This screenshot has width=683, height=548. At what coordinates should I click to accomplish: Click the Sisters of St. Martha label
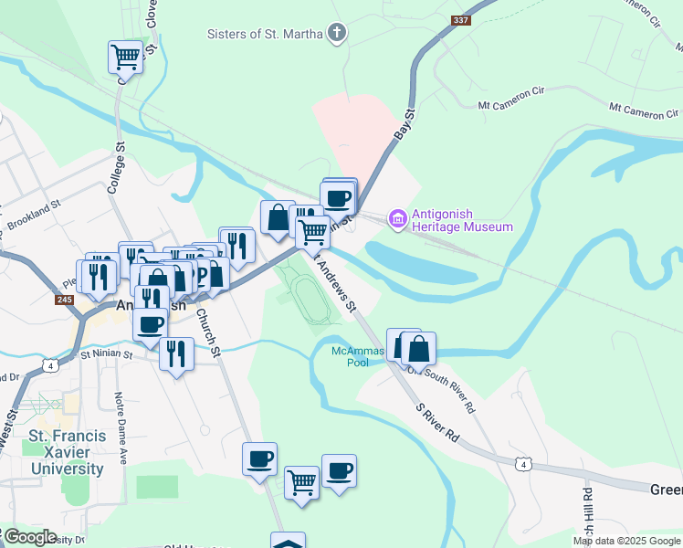tap(266, 35)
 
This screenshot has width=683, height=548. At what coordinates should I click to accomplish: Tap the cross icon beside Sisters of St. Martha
tap(337, 35)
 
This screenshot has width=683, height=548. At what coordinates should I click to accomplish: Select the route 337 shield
tap(461, 20)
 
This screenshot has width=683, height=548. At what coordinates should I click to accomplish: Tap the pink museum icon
tap(397, 219)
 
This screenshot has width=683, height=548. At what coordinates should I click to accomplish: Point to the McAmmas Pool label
tap(351, 356)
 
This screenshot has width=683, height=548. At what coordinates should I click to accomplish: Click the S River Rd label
tap(437, 424)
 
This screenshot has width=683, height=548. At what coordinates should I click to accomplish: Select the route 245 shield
tap(64, 300)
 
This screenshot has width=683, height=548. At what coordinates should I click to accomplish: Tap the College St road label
tap(115, 166)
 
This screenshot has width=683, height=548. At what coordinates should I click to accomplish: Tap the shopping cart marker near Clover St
tap(125, 58)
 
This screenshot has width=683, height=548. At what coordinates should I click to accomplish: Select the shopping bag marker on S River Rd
tap(418, 348)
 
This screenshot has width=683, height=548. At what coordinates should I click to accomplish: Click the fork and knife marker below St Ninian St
tap(176, 353)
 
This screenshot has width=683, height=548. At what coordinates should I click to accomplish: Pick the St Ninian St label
tap(109, 356)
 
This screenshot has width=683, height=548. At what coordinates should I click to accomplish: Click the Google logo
tap(29, 537)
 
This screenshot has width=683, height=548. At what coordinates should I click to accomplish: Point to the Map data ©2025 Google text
tap(625, 541)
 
